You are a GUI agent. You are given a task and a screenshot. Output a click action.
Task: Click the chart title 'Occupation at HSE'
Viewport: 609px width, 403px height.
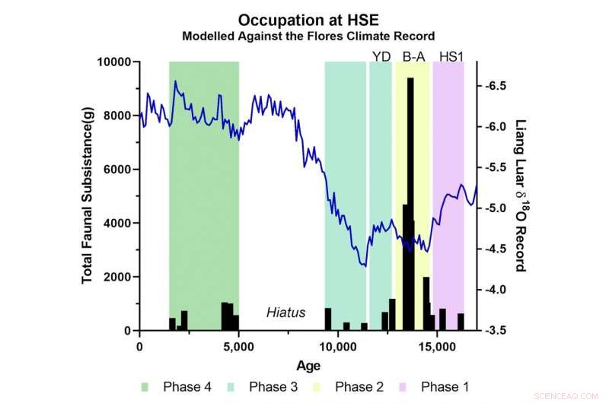pyautogui.click(x=307, y=20)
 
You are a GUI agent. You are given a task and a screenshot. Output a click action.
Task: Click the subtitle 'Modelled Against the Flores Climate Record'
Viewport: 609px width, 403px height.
pyautogui.click(x=308, y=36)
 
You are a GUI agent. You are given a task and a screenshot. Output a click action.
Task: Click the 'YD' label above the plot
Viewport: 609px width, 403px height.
pyautogui.click(x=380, y=56)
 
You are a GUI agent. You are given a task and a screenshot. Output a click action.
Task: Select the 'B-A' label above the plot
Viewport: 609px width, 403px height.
pyautogui.click(x=413, y=56)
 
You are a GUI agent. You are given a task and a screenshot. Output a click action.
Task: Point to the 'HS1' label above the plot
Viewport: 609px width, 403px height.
pyautogui.click(x=451, y=56)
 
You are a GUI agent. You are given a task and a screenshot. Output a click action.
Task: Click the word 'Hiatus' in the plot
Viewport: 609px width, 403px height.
pyautogui.click(x=285, y=313)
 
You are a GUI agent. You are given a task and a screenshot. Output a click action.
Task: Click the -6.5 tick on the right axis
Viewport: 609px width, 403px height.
pyautogui.click(x=496, y=86)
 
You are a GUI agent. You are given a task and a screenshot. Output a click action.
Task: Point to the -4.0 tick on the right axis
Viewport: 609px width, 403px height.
pyautogui.click(x=496, y=290)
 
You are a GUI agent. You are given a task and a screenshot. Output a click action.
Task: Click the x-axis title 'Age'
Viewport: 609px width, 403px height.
pyautogui.click(x=308, y=364)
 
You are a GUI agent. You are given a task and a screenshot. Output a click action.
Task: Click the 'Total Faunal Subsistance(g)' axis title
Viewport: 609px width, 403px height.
pyautogui.click(x=88, y=196)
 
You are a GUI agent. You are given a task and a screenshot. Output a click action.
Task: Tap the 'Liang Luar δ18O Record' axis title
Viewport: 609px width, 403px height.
pyautogui.click(x=521, y=195)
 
